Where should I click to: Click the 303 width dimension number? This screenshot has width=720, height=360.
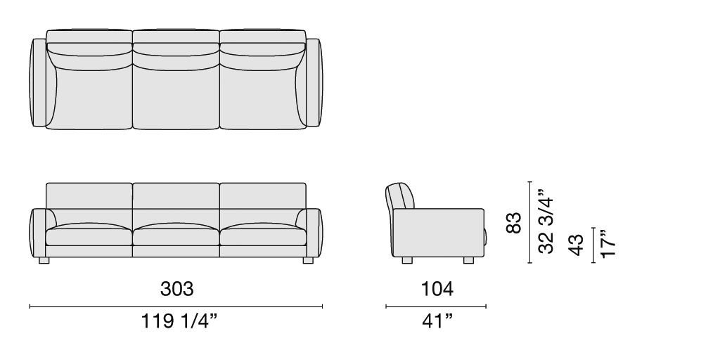click(x=176, y=289)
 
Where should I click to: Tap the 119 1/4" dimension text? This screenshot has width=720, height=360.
click(x=179, y=321)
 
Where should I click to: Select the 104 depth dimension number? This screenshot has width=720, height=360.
click(x=437, y=289)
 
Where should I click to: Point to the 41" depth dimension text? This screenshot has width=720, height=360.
click(x=437, y=321)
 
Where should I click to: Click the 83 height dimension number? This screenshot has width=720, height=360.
click(x=514, y=223)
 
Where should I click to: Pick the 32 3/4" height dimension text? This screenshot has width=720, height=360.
click(x=546, y=221)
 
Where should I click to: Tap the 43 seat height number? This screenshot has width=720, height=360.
click(x=576, y=245)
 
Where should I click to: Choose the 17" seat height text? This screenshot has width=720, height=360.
click(x=607, y=243)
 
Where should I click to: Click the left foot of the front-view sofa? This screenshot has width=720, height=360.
click(x=44, y=260)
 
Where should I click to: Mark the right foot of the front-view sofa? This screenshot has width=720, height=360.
click(x=308, y=260)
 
